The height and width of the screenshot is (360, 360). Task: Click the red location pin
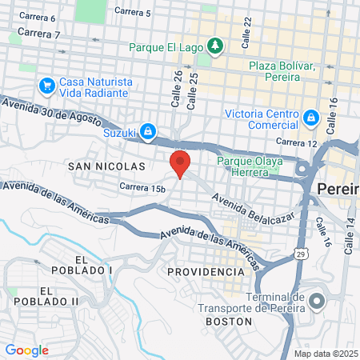(x=180, y=163)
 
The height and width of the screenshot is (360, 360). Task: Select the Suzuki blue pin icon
(x=149, y=130)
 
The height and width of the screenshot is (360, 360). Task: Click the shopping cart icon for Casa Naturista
(x=46, y=84)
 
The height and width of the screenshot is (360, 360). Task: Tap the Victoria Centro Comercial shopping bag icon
(x=311, y=118)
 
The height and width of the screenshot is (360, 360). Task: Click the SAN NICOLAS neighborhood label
(x=107, y=166)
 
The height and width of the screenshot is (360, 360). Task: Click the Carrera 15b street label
(x=142, y=188)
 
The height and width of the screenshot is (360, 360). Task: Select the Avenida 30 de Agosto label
(x=50, y=112)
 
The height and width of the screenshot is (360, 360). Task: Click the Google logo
(x=26, y=350)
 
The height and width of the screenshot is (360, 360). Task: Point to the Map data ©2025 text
(x=325, y=354)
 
